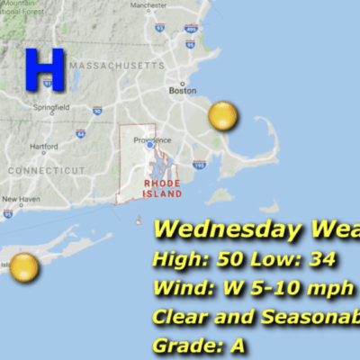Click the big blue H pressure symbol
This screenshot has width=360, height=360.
(x=44, y=69)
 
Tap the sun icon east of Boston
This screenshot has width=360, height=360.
(x=222, y=116)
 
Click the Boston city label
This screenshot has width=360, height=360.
(x=183, y=91)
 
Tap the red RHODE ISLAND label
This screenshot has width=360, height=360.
(x=163, y=187)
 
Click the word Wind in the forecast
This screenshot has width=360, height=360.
(x=180, y=289)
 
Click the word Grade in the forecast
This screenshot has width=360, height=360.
(x=183, y=346)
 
